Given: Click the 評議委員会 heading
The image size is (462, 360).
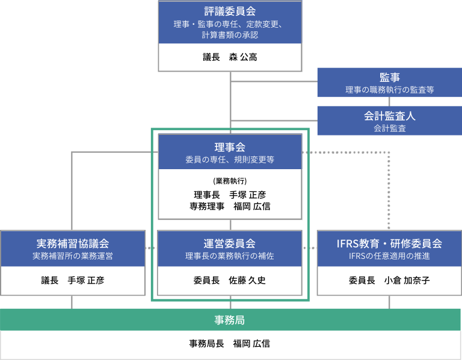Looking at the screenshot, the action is point(230,11).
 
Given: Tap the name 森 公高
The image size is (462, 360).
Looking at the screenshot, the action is point(243,57).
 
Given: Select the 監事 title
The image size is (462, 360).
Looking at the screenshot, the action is point(390,77).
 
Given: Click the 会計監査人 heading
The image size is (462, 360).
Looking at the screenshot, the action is point(390,116).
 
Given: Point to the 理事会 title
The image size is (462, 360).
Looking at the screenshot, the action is point(230,147).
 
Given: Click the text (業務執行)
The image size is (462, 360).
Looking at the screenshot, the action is point(230,181).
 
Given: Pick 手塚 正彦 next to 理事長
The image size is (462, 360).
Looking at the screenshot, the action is point(247,194).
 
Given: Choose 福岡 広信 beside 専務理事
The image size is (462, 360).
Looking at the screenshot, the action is point(252,206).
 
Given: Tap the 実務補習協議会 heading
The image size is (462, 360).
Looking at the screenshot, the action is point(72,244).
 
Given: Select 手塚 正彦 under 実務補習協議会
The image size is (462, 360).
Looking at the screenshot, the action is point(86,280).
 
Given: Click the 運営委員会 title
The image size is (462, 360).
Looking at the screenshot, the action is point(230,244).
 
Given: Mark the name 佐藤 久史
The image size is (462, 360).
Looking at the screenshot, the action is point(247,280).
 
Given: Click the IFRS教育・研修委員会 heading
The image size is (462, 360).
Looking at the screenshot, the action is point(389,244).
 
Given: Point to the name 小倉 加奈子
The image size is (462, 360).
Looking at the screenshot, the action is point(407,280).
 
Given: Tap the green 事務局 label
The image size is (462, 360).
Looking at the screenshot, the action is point(230,320).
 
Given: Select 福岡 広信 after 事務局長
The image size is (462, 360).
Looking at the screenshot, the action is point(251,344).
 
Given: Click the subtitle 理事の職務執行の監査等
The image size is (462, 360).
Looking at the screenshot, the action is point(390,90).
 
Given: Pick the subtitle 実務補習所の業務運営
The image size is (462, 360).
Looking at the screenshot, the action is point(72,256).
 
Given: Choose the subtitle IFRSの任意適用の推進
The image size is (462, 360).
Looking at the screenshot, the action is point(389,256).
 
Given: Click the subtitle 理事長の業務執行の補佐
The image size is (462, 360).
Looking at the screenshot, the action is point(230,256).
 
